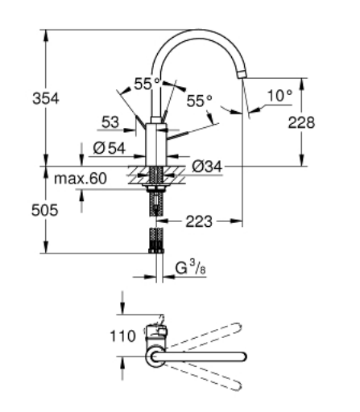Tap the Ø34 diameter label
208,167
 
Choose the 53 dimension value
112,122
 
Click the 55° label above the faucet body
147,84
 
